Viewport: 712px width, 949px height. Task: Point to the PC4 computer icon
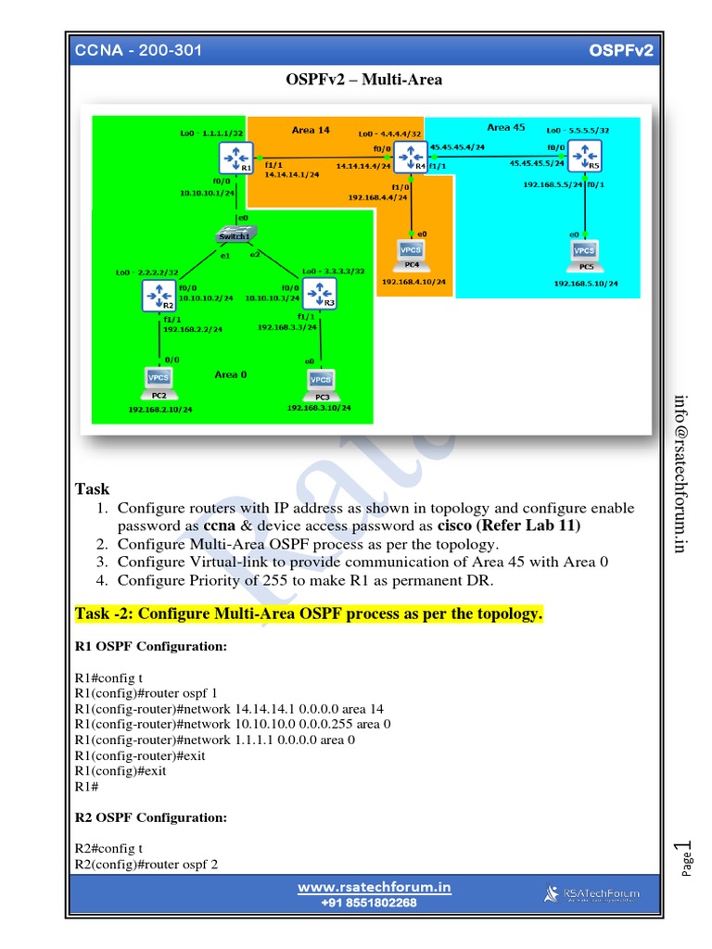(x=410, y=250)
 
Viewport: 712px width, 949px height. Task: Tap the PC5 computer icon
(x=584, y=252)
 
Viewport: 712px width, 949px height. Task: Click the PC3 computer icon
(x=320, y=381)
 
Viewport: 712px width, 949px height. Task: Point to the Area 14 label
(x=311, y=131)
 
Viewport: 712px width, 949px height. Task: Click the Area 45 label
(x=506, y=127)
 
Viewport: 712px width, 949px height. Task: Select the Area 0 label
(x=231, y=374)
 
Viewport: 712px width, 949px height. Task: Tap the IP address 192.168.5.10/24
(x=585, y=284)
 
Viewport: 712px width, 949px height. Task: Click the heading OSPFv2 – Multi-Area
(x=363, y=80)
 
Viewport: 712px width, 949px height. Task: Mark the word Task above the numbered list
(x=92, y=488)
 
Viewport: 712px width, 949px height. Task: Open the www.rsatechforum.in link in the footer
(x=375, y=887)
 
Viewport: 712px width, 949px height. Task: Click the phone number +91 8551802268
(x=369, y=903)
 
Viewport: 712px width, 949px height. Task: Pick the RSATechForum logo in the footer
(x=590, y=894)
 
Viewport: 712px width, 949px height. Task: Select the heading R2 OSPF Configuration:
(x=150, y=817)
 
